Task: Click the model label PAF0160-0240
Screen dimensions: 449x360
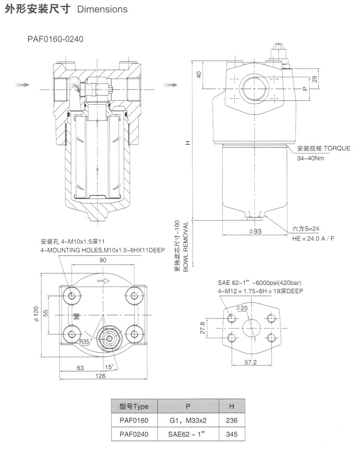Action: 55,39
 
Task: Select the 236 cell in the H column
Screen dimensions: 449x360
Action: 231,421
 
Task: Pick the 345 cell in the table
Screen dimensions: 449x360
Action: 231,435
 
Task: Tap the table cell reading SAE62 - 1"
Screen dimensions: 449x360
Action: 188,435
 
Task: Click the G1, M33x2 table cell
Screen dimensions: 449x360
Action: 188,421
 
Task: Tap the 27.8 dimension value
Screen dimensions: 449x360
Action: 203,328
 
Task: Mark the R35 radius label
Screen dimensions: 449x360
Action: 85,342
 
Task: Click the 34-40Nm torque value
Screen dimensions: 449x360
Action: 311,158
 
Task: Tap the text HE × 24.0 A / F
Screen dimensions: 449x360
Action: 313,238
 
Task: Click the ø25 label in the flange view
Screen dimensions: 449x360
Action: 241,308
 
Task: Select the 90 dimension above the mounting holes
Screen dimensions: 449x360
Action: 103,260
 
